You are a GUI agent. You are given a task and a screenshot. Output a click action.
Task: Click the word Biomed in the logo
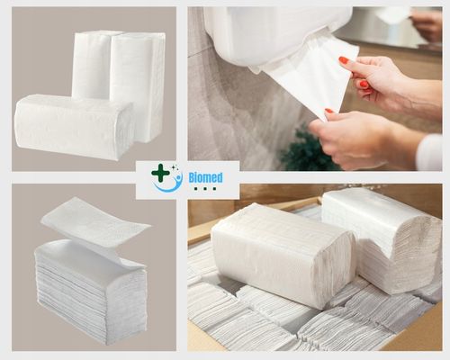(206, 177)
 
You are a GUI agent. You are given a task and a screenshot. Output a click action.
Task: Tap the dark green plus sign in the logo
(160, 172)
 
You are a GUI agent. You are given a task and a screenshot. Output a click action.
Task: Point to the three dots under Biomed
(206, 189)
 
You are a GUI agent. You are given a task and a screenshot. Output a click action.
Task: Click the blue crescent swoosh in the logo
(167, 184)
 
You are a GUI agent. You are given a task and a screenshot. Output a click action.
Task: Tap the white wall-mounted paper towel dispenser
(270, 31)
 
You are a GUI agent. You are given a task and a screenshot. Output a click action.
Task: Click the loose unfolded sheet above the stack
(94, 220)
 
